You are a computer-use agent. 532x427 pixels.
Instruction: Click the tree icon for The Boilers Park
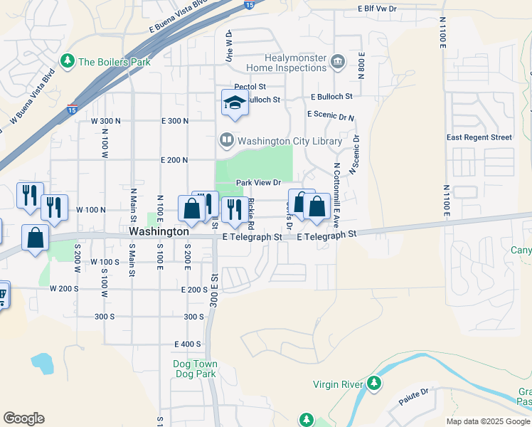pyautogui.click(x=68, y=62)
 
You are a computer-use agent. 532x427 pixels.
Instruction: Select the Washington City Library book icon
pyautogui.click(x=226, y=140)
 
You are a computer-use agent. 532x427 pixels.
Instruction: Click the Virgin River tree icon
pyautogui.click(x=373, y=384)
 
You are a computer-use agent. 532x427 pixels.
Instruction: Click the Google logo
pyautogui.click(x=23, y=418)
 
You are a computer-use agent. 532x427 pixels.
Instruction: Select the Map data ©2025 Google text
pyautogui.click(x=487, y=421)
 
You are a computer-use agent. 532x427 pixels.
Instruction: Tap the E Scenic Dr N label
pyautogui.click(x=331, y=115)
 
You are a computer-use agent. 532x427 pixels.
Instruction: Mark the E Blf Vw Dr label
pyautogui.click(x=387, y=9)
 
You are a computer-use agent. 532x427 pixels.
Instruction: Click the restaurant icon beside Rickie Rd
pyautogui.click(x=232, y=209)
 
